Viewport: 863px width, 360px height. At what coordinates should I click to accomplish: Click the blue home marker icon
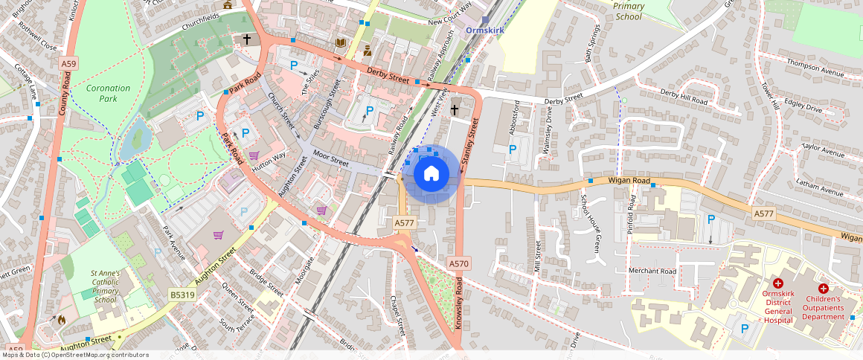click(431, 174)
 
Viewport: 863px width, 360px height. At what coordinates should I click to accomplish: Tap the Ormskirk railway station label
click(485, 30)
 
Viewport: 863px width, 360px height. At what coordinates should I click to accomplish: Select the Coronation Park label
click(108, 93)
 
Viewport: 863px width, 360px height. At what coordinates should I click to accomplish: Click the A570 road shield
click(459, 263)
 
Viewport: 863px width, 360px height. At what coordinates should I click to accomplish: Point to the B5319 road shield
click(182, 295)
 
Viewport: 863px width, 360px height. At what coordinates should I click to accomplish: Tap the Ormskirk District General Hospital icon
click(778, 283)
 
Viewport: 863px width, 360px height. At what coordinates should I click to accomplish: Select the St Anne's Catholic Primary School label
click(106, 286)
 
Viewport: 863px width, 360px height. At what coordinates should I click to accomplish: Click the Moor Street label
click(330, 158)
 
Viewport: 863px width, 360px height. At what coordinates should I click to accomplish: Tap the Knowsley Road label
click(459, 303)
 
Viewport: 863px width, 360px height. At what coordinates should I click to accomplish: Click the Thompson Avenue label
click(818, 72)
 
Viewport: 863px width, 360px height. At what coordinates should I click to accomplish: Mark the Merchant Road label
click(652, 271)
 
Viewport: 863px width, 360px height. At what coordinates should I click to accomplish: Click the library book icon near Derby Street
click(341, 43)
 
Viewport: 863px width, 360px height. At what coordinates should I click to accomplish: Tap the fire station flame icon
click(61, 320)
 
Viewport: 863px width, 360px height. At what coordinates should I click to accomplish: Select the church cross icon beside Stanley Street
click(455, 110)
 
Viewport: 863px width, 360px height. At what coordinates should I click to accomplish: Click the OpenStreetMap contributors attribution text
click(75, 355)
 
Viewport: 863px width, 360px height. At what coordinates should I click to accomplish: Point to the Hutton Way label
click(269, 158)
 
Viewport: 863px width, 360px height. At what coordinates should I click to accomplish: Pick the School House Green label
click(591, 222)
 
